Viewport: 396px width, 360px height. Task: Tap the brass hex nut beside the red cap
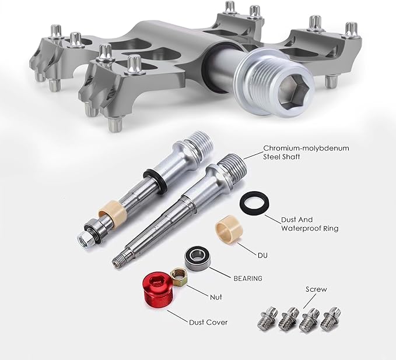click(178, 277)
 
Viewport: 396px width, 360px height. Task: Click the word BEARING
click(248, 278)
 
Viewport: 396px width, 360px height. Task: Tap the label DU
click(262, 255)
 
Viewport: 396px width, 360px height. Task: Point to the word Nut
click(216, 297)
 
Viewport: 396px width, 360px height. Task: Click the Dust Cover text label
click(208, 322)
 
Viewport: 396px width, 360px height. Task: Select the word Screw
click(316, 289)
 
